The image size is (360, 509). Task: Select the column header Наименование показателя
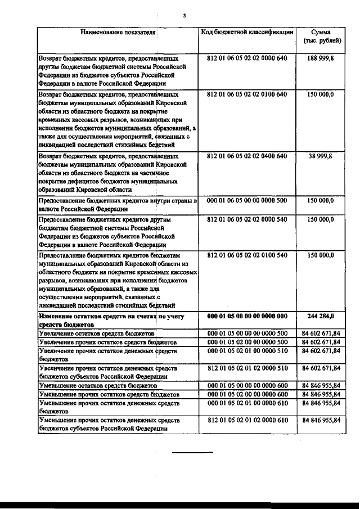coord(118,32)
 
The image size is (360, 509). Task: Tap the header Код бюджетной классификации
coord(247,32)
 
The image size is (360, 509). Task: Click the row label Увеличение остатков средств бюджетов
coord(96,334)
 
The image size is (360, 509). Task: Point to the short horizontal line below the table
coord(192,452)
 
